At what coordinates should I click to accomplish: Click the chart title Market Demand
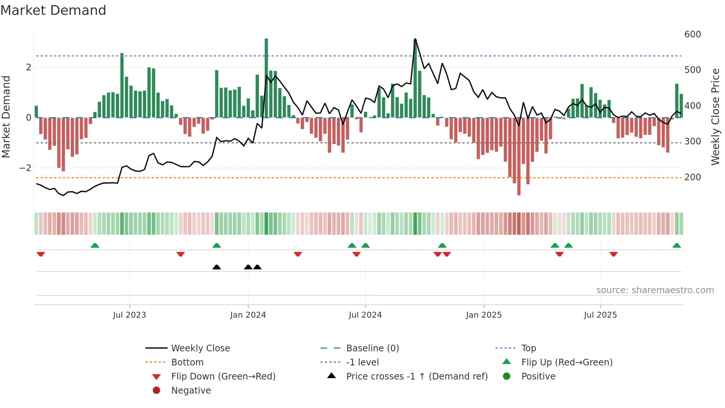click(x=53, y=10)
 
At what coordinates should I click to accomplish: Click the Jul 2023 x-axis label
click(x=129, y=315)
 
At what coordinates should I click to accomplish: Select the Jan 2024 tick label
click(x=248, y=315)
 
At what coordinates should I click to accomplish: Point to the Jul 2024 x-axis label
click(x=365, y=315)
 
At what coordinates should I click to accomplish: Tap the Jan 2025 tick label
click(x=483, y=315)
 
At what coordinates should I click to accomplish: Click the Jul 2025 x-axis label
click(x=600, y=315)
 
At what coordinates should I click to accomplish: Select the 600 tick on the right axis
click(x=692, y=34)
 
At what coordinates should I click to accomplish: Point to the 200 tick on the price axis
click(x=692, y=177)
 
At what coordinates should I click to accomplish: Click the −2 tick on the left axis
click(x=25, y=168)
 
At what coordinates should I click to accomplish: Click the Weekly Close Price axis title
click(x=715, y=117)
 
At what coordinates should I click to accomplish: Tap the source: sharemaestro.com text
click(x=655, y=290)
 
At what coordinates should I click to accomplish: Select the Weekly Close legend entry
click(x=200, y=348)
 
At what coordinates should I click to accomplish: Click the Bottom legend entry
click(x=187, y=362)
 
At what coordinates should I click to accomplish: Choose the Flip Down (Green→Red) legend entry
click(x=223, y=377)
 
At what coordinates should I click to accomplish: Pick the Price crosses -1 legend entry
click(x=417, y=377)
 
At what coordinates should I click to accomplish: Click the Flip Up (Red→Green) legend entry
click(x=567, y=362)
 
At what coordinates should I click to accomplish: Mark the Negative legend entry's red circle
click(x=156, y=391)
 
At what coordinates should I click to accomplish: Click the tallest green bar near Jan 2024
click(x=266, y=78)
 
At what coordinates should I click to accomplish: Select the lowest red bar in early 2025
click(x=519, y=156)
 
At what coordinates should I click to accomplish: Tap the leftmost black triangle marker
click(x=217, y=267)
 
